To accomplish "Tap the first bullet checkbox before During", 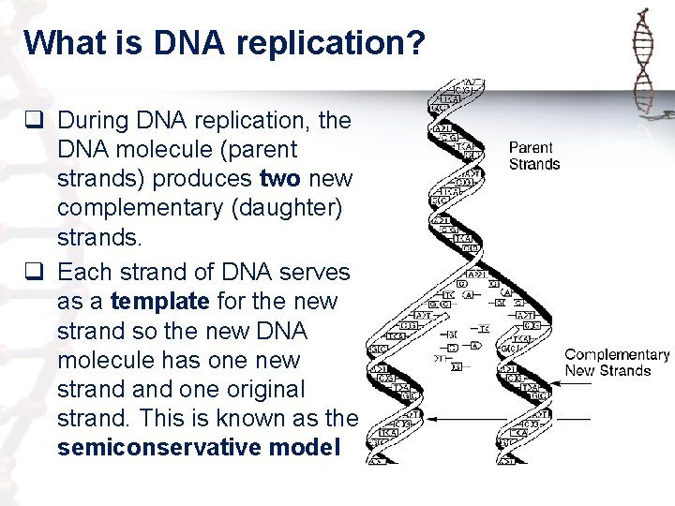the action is point(36,120).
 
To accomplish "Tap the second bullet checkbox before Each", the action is point(36,273).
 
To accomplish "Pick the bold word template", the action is point(160,302).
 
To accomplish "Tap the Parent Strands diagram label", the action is point(533,156).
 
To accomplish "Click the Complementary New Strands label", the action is point(616,362).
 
